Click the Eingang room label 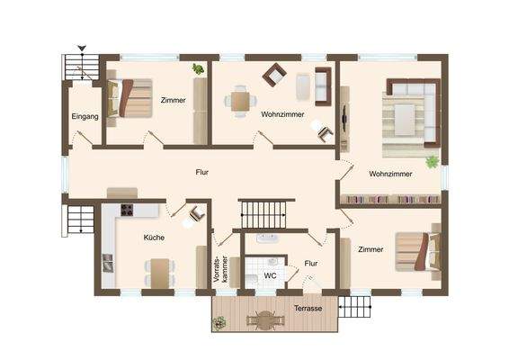(84, 117)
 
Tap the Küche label (154, 238)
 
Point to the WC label (270, 275)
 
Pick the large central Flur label (202, 171)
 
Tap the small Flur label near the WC (311, 264)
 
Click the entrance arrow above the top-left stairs (83, 49)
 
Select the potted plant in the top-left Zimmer (197, 68)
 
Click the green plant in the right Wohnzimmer (432, 162)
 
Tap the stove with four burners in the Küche (126, 211)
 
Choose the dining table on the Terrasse (263, 317)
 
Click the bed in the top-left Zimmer (121, 98)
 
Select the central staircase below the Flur (265, 213)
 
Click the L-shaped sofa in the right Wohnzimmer (410, 112)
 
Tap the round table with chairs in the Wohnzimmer (240, 100)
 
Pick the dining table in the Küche (159, 271)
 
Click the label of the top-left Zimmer (174, 100)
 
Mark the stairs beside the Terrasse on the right (358, 307)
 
